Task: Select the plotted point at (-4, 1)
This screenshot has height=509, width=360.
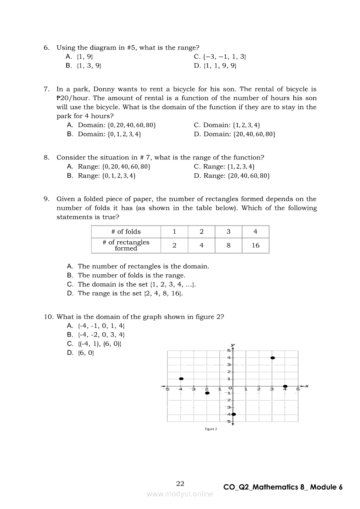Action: (x=181, y=379)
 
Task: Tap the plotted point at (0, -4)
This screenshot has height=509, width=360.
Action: (x=234, y=414)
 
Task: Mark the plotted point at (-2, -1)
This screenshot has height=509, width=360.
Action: (x=207, y=393)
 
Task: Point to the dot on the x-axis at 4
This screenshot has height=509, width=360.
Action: (x=285, y=386)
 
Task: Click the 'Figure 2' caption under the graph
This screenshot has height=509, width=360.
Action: (x=211, y=429)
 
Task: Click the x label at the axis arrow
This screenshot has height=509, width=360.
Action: (x=307, y=386)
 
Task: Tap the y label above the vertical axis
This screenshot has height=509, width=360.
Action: (x=233, y=344)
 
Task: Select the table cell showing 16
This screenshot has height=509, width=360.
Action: (x=255, y=246)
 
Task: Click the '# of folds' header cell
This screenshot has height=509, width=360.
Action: (x=126, y=232)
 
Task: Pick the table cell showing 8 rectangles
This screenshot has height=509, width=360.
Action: (x=228, y=246)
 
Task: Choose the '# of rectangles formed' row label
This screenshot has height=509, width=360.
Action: (x=126, y=246)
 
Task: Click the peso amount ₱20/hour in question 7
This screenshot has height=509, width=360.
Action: (x=75, y=98)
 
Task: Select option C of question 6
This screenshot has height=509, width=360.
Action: (x=220, y=57)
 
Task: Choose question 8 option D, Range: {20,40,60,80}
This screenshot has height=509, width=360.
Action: (x=232, y=175)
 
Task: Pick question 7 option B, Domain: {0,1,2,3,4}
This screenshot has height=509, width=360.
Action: (x=104, y=134)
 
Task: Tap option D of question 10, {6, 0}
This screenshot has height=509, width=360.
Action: (x=81, y=353)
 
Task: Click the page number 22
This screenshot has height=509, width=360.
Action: (x=180, y=483)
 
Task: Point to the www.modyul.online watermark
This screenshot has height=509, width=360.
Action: (x=180, y=494)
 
